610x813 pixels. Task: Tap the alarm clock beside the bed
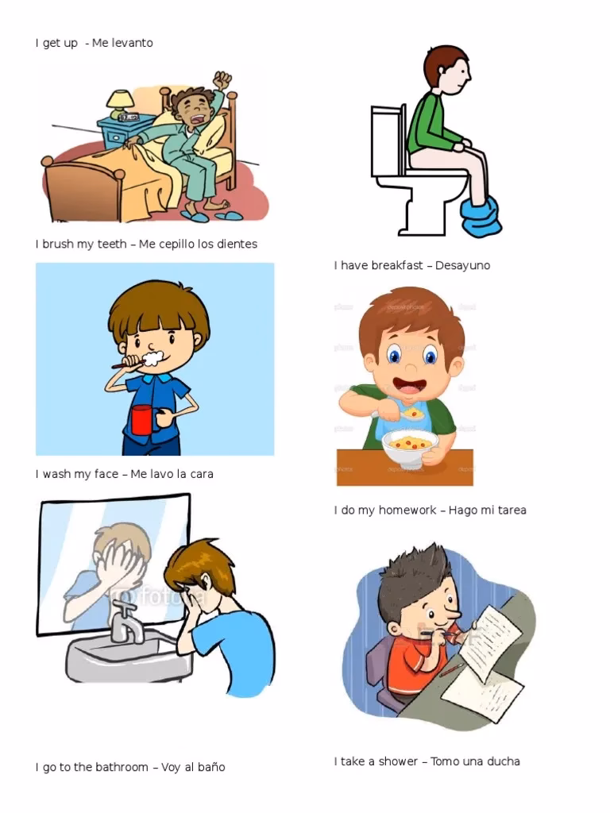tap(128, 118)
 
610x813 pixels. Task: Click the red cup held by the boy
tap(142, 419)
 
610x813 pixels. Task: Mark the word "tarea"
tap(509, 510)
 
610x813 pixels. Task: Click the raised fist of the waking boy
tap(223, 80)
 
